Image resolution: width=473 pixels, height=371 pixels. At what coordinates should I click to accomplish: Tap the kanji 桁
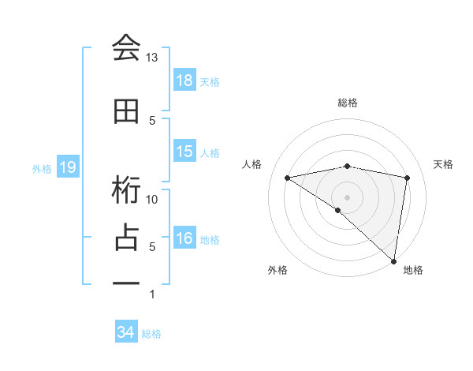(x=126, y=190)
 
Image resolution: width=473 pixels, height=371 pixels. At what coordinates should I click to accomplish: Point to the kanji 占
(x=126, y=238)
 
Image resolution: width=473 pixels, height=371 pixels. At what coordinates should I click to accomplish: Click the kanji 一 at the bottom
(x=126, y=283)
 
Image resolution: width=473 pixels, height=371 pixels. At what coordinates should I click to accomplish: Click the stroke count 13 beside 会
(x=152, y=58)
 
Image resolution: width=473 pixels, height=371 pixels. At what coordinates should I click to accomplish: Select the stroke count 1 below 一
(x=152, y=294)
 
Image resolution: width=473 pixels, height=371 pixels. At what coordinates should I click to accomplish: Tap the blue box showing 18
(x=184, y=81)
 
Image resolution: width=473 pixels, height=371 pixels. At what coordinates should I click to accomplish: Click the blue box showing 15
(x=184, y=152)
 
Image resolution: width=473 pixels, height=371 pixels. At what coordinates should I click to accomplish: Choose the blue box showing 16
(x=184, y=238)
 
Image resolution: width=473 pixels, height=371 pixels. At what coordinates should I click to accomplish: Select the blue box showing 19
(x=67, y=167)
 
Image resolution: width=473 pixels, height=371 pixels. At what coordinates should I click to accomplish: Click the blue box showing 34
(x=125, y=333)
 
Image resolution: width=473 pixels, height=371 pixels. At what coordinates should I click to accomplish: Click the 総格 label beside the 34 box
(x=152, y=334)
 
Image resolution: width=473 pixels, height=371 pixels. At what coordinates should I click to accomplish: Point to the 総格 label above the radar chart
(x=347, y=103)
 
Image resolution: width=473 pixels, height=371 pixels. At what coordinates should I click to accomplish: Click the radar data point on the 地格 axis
(x=393, y=260)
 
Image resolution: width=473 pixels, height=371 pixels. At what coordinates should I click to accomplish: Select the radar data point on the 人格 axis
(x=287, y=178)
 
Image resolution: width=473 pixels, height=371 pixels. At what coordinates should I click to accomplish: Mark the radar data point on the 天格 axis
(x=408, y=178)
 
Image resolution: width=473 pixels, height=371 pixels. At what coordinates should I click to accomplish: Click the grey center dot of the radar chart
(x=347, y=197)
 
